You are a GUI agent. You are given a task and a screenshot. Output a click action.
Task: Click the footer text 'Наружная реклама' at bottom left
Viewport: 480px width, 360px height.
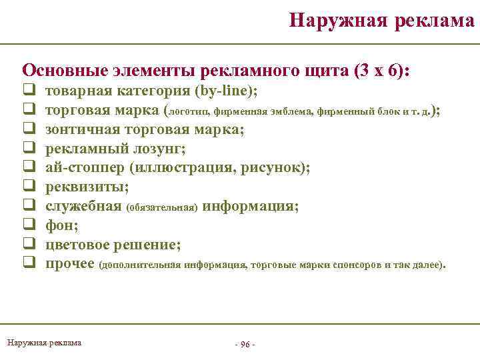pyautogui.click(x=44, y=343)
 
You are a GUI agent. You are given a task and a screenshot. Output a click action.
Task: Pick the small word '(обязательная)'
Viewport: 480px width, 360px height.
pyautogui.click(x=161, y=207)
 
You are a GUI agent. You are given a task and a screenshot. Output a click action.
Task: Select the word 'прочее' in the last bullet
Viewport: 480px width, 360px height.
pyautogui.click(x=69, y=264)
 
